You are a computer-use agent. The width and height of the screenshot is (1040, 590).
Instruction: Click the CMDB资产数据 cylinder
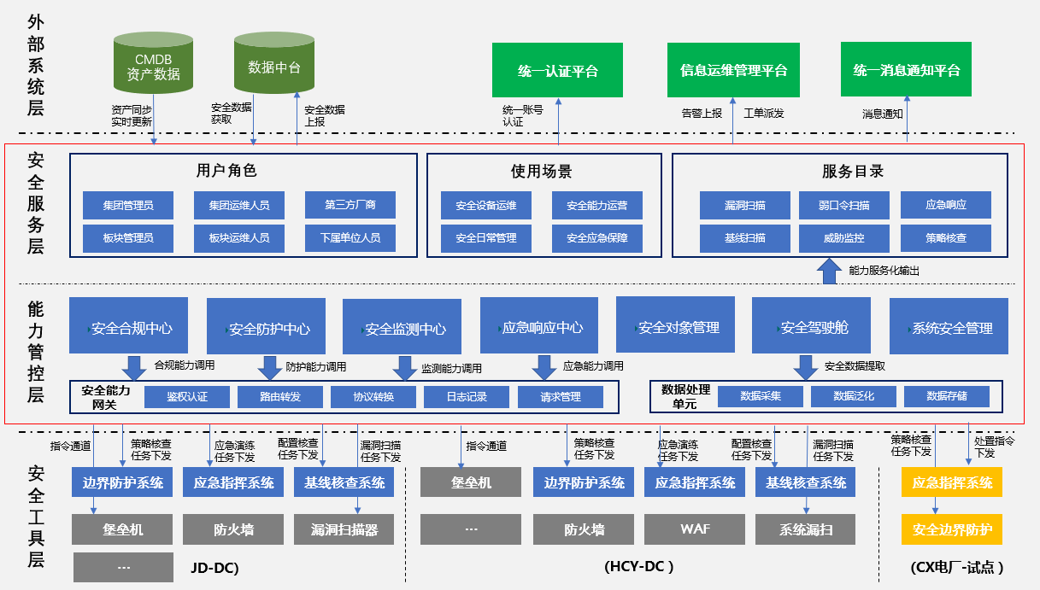point(153,64)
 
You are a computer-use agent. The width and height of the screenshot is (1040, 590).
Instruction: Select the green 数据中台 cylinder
point(273,64)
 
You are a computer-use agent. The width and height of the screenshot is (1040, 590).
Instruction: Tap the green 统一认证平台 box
point(557,70)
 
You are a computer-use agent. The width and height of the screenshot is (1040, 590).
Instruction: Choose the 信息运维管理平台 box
point(733,70)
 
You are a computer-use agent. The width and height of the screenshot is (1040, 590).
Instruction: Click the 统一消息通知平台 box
point(906,70)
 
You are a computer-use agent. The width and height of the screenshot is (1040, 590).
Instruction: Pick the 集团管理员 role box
point(127,205)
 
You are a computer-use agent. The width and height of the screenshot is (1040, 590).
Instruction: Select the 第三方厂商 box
point(350,205)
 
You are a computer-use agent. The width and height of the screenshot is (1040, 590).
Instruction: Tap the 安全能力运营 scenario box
point(596,205)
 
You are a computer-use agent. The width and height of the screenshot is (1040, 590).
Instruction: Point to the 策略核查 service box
point(945,237)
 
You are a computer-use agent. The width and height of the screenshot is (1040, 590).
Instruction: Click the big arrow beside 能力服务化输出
point(829,271)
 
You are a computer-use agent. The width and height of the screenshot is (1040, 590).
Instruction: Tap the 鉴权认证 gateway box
point(187,396)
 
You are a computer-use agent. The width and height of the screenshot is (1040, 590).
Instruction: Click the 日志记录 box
point(467,396)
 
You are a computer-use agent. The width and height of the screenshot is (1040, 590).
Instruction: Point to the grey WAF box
point(695,529)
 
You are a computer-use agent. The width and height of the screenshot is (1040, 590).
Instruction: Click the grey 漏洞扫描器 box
point(344,529)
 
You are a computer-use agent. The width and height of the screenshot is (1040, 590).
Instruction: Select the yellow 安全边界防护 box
point(952,529)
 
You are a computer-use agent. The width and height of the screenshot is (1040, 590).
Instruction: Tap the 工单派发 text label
point(763,113)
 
